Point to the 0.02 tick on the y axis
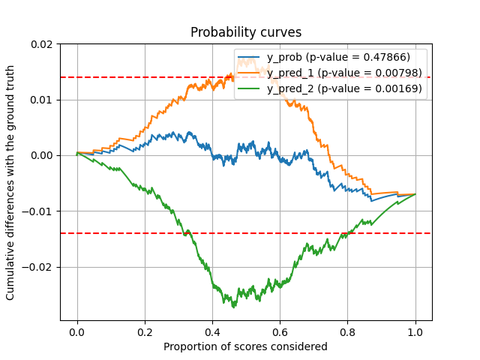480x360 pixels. click(43, 44)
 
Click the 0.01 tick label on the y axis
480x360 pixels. click(43, 100)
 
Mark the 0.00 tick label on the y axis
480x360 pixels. click(43, 155)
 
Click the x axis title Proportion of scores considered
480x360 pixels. click(246, 346)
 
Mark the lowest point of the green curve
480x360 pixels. click(234, 307)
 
